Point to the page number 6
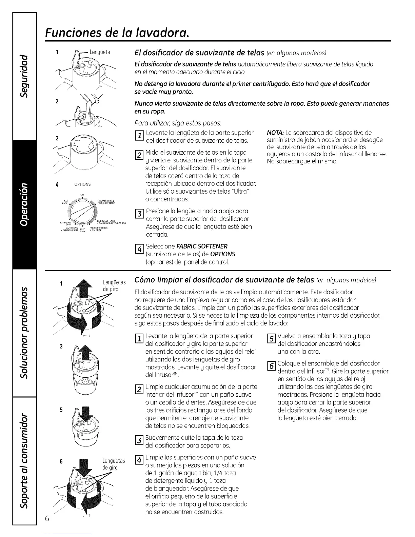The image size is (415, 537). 47,519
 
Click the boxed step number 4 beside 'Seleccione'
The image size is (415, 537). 139,250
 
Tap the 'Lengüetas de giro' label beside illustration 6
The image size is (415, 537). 114,464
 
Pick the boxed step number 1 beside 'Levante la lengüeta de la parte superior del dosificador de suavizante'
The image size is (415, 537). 139,136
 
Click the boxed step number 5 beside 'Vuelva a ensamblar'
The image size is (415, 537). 271,339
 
